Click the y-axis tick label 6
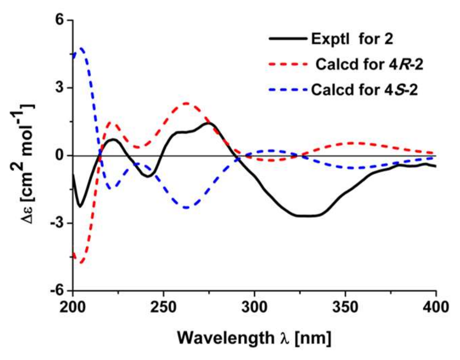click(59, 20)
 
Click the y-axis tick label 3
click(59, 88)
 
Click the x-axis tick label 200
click(73, 307)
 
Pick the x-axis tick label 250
click(164, 307)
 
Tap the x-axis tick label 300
click(255, 307)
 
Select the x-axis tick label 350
click(345, 307)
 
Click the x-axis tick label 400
click(435, 307)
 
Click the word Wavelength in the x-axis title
click(225, 338)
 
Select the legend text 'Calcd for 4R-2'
click(369, 64)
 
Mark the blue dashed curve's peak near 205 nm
click(81, 48)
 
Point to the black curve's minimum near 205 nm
click(80, 206)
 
